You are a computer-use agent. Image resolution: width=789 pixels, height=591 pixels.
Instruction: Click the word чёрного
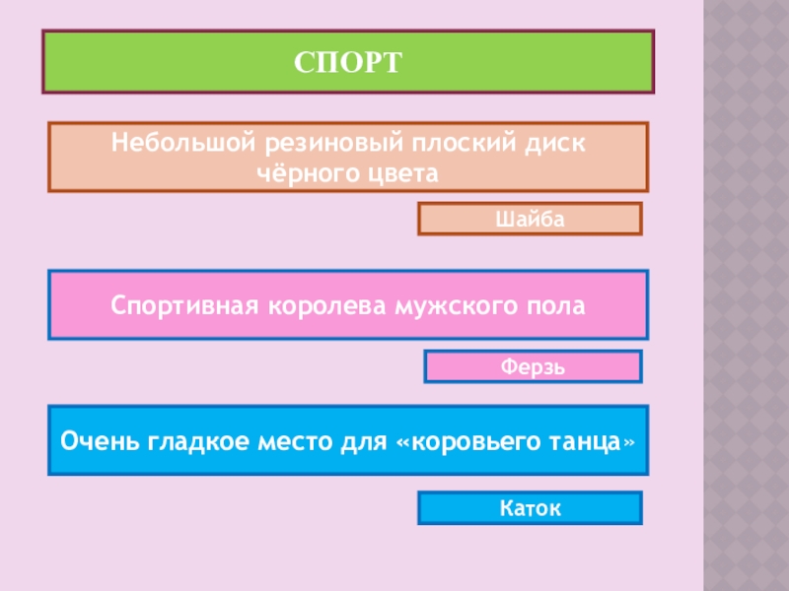pos(312,172)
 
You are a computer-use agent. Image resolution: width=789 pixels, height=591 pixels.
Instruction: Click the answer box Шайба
pos(531,218)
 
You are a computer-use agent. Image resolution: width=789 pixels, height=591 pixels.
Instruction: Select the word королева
pos(324,305)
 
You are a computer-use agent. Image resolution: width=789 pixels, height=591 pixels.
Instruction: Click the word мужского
pos(458,305)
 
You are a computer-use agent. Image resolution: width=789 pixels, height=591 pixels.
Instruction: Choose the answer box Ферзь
pos(533,366)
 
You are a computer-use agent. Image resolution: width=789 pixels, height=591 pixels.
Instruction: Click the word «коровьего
pos(462,439)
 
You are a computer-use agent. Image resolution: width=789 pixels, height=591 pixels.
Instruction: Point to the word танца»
pos(588,439)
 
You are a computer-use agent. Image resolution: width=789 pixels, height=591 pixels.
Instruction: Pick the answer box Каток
pos(531,507)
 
